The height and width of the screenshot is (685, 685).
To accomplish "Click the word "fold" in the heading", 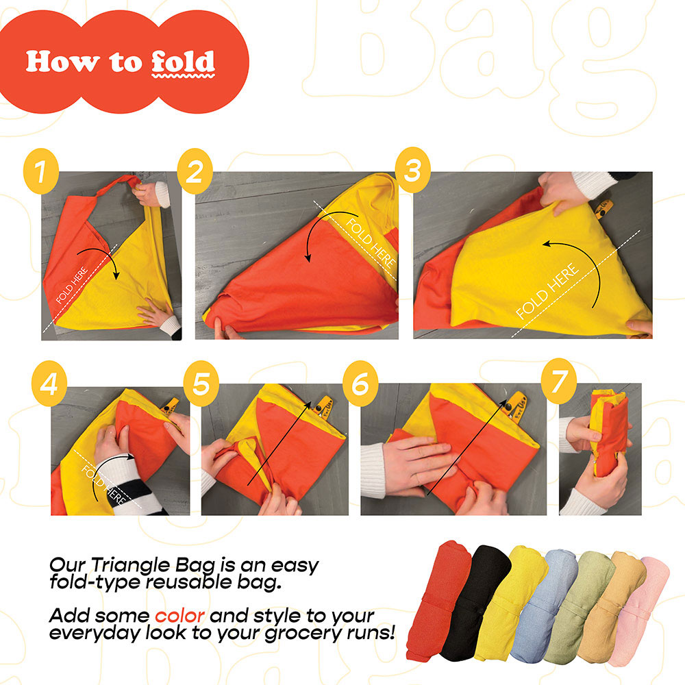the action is tap(184, 62).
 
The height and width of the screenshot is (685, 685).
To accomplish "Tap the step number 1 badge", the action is tap(41, 171).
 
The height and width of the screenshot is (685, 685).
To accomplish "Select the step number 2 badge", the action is tap(195, 171).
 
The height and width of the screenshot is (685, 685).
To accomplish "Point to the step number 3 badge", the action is tap(413, 170).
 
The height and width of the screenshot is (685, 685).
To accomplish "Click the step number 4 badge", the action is tap(49, 384).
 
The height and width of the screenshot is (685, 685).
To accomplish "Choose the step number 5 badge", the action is tap(201, 384).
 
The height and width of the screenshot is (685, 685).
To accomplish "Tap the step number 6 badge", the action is tap(360, 384).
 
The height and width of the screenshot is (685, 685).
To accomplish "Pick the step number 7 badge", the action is tap(559, 381).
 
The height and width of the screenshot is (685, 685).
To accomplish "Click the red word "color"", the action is tap(179, 616).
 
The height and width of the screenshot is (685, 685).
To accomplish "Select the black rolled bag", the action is tap(475, 603).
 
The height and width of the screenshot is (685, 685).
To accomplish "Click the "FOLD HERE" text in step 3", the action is tap(548, 291).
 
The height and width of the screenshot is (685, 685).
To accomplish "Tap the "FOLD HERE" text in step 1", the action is tap(72, 285).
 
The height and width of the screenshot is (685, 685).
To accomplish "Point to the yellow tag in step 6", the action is tap(516, 406).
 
